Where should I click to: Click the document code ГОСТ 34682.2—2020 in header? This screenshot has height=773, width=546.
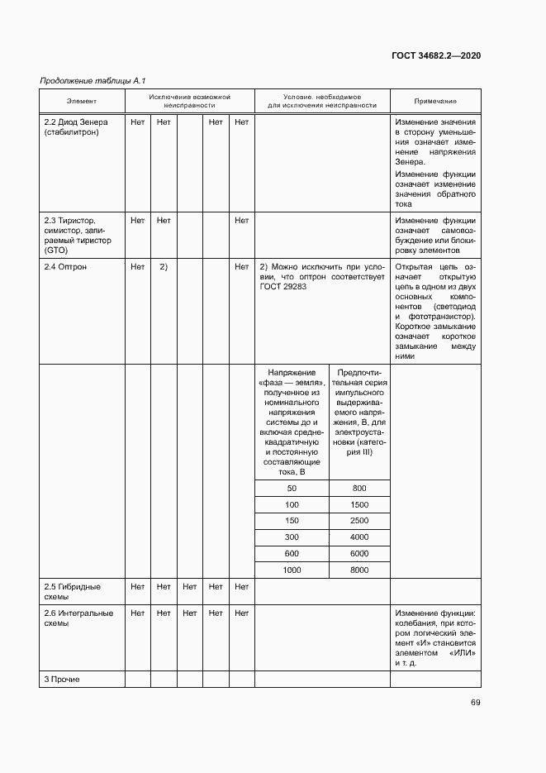coord(434,55)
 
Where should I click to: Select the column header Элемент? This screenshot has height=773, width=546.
coord(82,101)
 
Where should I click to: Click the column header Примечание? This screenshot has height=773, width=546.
coord(434,101)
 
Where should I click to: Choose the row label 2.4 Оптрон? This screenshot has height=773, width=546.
coord(64,267)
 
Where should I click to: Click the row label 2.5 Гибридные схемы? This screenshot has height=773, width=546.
coord(72,591)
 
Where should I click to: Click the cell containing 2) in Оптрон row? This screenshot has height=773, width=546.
coord(164,267)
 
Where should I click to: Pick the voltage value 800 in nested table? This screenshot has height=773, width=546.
coord(358,488)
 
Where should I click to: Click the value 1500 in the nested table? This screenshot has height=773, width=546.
coord(358,504)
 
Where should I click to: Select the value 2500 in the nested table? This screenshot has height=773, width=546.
coord(358,521)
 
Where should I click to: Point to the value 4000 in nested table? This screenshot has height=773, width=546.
coord(358,537)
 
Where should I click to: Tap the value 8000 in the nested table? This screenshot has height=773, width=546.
coord(358,570)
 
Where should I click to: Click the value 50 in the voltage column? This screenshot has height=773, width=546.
coord(292,488)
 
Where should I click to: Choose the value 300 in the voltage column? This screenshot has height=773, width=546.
coord(292,537)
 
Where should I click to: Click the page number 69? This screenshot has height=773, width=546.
coord(475,703)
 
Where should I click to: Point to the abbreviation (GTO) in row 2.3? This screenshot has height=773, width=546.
coord(55,250)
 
